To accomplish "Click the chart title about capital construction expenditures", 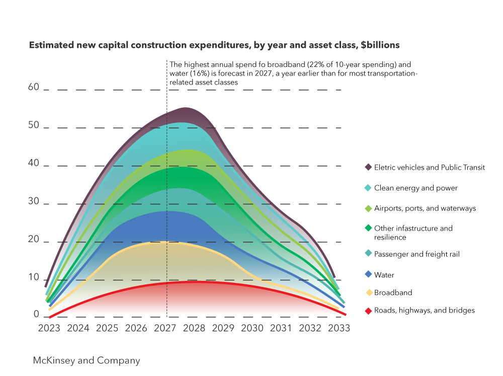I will [214, 45].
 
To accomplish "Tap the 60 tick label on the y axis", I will [33, 87].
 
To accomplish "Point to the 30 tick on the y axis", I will [33, 201].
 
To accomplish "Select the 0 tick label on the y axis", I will [36, 314].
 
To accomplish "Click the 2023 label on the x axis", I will [49, 328].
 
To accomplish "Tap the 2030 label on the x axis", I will [252, 328].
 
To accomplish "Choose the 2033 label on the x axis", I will [339, 328].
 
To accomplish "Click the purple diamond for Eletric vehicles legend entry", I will [368, 168].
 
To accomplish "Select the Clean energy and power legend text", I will [415, 188].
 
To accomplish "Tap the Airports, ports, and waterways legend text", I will [425, 208].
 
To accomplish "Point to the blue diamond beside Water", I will [368, 275].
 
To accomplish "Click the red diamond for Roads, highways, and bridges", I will [368, 311].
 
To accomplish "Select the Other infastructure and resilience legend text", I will [413, 233].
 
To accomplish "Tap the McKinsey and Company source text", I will [87, 361].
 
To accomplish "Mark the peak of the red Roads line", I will [194, 281].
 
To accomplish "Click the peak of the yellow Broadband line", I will [163, 242].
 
